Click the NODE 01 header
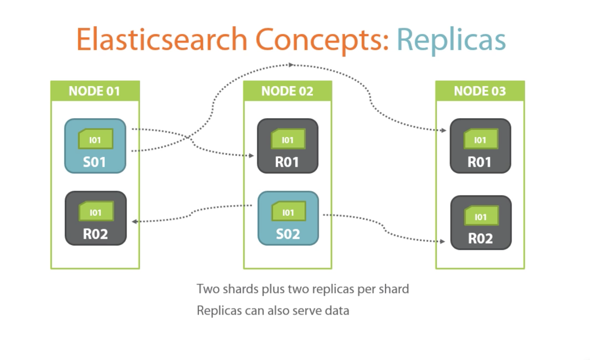tap(95, 91)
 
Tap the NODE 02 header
tap(287, 91)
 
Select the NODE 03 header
tap(480, 91)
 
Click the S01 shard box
tap(95, 146)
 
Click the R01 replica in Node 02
tap(287, 146)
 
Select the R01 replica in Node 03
tap(480, 146)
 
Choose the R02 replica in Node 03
tap(481, 223)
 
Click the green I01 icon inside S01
tap(96, 139)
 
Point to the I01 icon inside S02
tap(288, 212)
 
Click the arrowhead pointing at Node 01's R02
tap(135, 221)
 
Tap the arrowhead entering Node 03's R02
tap(442, 242)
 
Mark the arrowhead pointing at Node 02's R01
tap(251, 156)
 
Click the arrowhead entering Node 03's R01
tap(444, 130)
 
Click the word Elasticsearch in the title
tap(162, 39)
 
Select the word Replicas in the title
tap(451, 39)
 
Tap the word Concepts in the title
tap(322, 39)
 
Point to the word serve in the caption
tap(307, 311)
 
